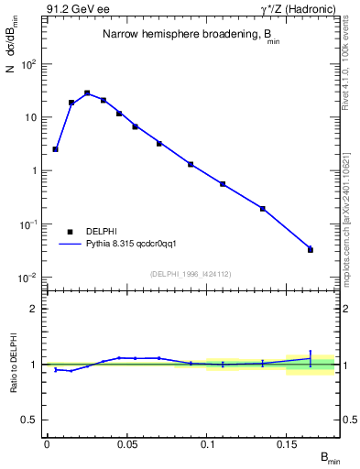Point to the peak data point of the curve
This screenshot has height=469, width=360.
coord(87,93)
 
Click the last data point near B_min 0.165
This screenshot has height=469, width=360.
coord(311,249)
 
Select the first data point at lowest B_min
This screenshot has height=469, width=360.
coord(55,148)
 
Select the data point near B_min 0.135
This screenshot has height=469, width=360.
coord(263,209)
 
